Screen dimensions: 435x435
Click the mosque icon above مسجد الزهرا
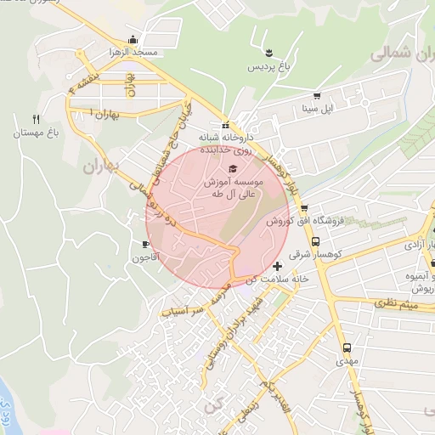pos(132,40)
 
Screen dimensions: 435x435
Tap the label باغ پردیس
pos(269,66)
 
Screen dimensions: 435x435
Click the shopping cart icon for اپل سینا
pos(317,96)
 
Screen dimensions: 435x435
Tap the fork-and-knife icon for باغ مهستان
pos(35,119)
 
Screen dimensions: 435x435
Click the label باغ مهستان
pos(35,133)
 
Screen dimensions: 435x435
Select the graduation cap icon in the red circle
pos(234,167)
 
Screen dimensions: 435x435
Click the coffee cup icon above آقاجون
pos(145,244)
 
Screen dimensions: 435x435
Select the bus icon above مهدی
pos(347,347)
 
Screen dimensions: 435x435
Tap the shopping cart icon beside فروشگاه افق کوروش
pos(303,209)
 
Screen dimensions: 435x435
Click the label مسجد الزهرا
pos(133,53)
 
